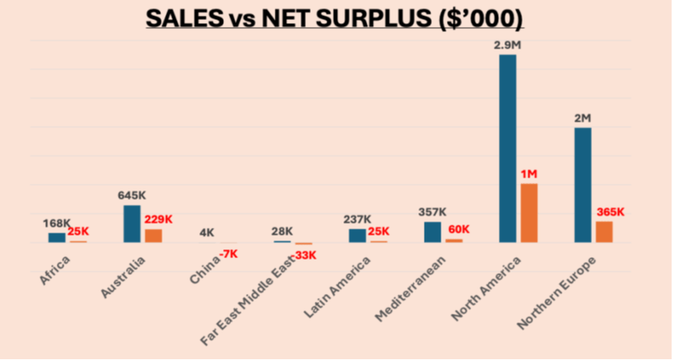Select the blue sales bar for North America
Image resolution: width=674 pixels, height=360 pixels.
pyautogui.click(x=507, y=148)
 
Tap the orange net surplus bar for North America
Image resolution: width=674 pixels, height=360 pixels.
pyautogui.click(x=529, y=213)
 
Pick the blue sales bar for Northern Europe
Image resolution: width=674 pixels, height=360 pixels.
pyautogui.click(x=582, y=185)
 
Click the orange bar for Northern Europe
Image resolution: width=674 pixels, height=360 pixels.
pyautogui.click(x=604, y=232)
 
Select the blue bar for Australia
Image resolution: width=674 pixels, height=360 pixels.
pyautogui.click(x=132, y=224)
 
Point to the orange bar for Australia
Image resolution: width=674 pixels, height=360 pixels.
pyautogui.click(x=153, y=236)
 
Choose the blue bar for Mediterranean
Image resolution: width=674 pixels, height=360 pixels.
pyautogui.click(x=433, y=232)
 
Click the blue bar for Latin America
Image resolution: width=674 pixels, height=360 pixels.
pyautogui.click(x=358, y=236)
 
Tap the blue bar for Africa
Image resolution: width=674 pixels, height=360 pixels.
pyautogui.click(x=57, y=237)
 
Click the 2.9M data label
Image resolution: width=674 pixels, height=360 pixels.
pyautogui.click(x=507, y=45)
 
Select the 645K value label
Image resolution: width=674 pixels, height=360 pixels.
pyautogui.click(x=131, y=195)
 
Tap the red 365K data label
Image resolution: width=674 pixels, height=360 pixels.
pyautogui.click(x=610, y=213)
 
